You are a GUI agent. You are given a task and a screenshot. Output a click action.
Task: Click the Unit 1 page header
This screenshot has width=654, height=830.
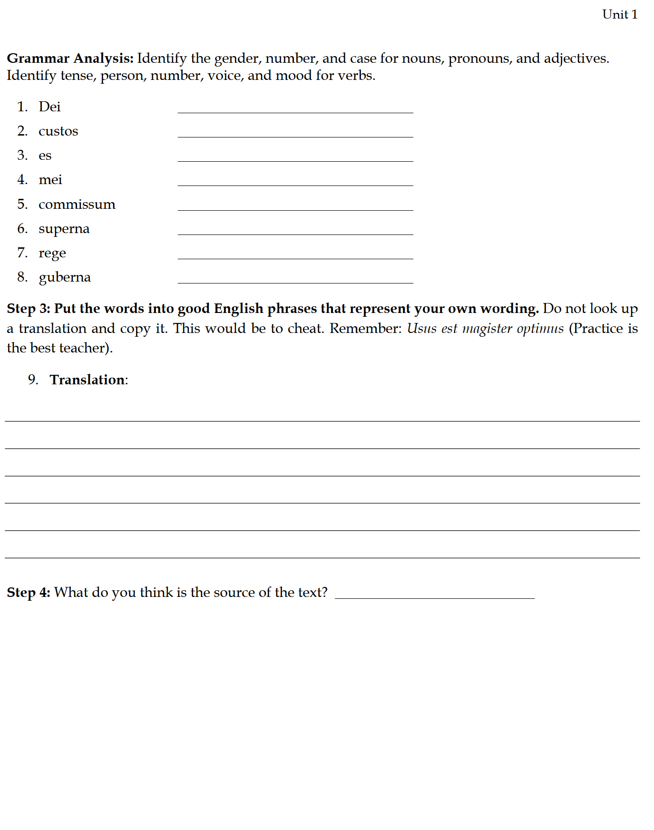[x=619, y=15]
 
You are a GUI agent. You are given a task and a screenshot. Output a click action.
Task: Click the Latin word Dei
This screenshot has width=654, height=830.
[x=49, y=107]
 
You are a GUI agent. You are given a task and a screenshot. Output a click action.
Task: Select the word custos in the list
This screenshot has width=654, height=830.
[x=58, y=131]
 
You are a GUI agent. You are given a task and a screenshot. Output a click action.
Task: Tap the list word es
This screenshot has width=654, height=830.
[x=45, y=156]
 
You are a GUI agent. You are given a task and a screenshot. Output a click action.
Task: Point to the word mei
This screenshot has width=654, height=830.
[x=50, y=180]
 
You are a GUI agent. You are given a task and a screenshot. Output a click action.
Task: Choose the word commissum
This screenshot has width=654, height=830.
[x=77, y=205]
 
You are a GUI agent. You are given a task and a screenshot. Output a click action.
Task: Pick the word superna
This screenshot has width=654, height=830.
[x=64, y=229]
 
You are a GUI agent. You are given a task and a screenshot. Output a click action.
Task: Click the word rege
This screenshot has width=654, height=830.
[x=52, y=254]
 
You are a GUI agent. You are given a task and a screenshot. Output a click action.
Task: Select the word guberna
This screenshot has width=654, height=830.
[x=65, y=277]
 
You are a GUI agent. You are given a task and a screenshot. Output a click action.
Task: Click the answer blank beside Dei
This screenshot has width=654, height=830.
[x=295, y=109]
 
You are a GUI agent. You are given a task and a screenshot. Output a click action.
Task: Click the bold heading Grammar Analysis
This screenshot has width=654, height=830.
[x=70, y=59]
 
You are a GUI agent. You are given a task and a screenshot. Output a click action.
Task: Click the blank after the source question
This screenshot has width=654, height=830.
[x=435, y=595]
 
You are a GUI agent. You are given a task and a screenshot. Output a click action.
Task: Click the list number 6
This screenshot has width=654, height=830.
[x=22, y=229]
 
